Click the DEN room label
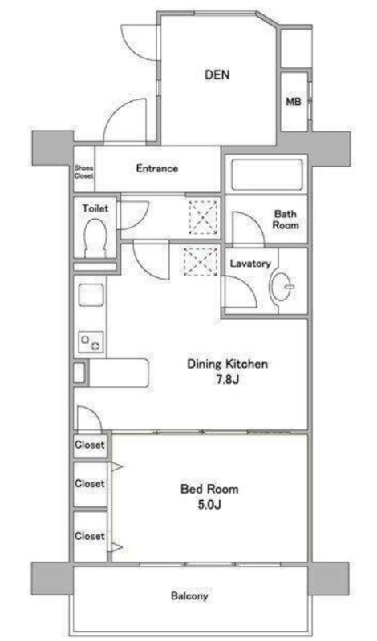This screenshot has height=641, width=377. pos(217,75)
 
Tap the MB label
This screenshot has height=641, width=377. pos(293,102)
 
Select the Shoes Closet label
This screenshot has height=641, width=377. pos(84,171)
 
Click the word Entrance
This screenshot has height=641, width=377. pos(157,168)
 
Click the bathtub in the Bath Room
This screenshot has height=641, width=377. pos(267,175)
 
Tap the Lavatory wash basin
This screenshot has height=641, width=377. pos(282,287)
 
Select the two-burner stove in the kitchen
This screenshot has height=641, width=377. pos(91,341)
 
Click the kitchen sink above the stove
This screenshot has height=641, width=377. pos(91,295)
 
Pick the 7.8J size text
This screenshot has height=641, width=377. pos(228,379)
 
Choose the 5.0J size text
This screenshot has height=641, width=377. pos(209,505)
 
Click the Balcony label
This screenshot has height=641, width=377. pos(189,595)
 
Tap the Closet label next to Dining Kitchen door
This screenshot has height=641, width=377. pos(90,445)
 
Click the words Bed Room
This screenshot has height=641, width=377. pos(209,489)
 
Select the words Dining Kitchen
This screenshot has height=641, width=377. pos(228,364)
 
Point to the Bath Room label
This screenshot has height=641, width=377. pos(286,220)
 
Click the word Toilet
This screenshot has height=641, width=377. pos(95,208)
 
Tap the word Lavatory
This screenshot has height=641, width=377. pos(250,264)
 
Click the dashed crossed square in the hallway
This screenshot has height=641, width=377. pos(204,218)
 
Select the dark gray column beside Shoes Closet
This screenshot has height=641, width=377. pos(52,148)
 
